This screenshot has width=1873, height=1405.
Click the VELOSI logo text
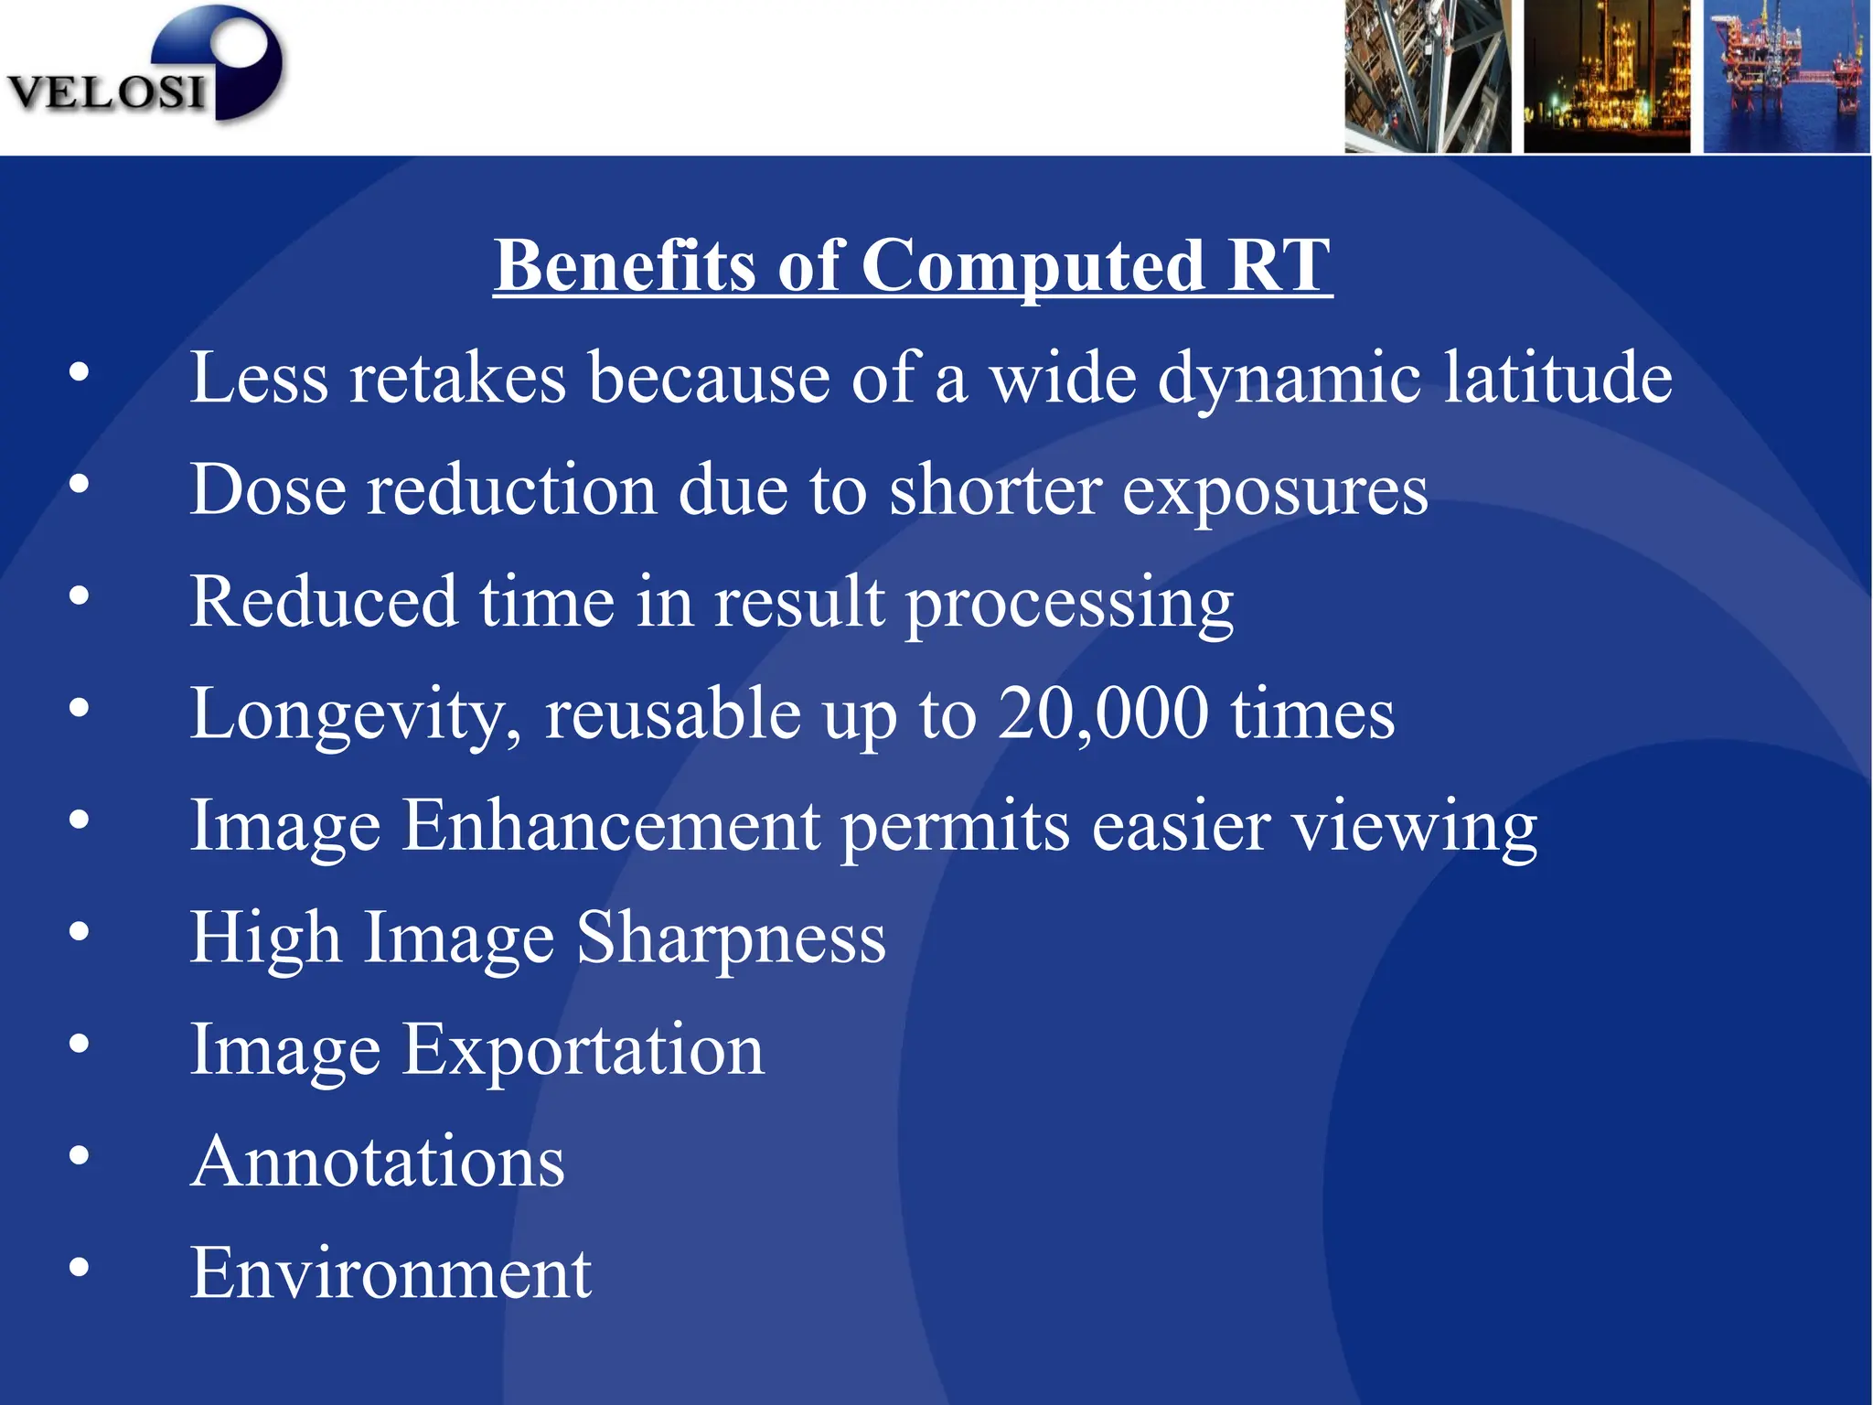click(x=106, y=92)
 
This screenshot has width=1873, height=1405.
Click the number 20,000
click(x=1103, y=713)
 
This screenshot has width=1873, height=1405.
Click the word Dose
click(x=267, y=489)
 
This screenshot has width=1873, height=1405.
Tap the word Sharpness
click(x=731, y=938)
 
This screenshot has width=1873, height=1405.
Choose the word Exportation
click(x=583, y=1050)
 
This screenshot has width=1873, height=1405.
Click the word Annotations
click(x=378, y=1162)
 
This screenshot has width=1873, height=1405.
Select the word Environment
click(x=391, y=1273)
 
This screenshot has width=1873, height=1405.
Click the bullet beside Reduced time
click(x=80, y=596)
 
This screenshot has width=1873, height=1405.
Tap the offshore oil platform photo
click(x=1786, y=76)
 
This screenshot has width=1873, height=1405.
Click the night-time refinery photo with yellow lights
click(x=1607, y=76)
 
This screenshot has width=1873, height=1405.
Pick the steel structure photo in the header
click(x=1427, y=76)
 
